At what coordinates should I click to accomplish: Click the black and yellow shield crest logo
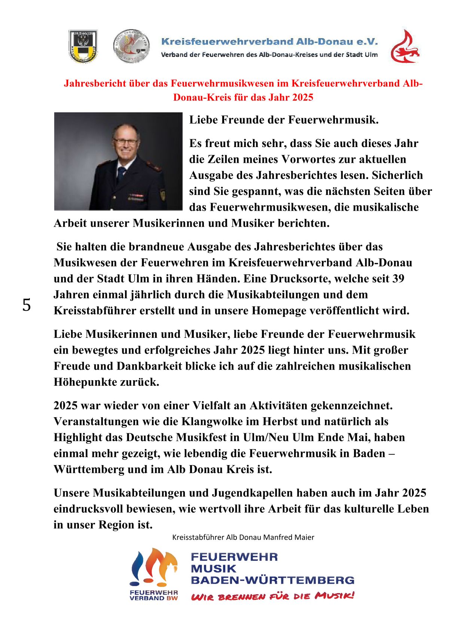[x=83, y=46]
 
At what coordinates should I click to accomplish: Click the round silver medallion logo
[x=131, y=46]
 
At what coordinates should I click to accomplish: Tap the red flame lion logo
[x=405, y=47]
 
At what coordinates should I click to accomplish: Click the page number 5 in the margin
[x=27, y=305]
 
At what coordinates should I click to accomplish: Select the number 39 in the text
[x=398, y=279]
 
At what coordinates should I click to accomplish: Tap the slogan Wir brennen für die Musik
[x=272, y=596]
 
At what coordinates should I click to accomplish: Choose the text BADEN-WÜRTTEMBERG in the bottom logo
[x=272, y=580]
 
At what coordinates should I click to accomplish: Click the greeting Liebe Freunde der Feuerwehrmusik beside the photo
[x=284, y=120]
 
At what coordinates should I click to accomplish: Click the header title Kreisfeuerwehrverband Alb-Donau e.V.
[x=269, y=42]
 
